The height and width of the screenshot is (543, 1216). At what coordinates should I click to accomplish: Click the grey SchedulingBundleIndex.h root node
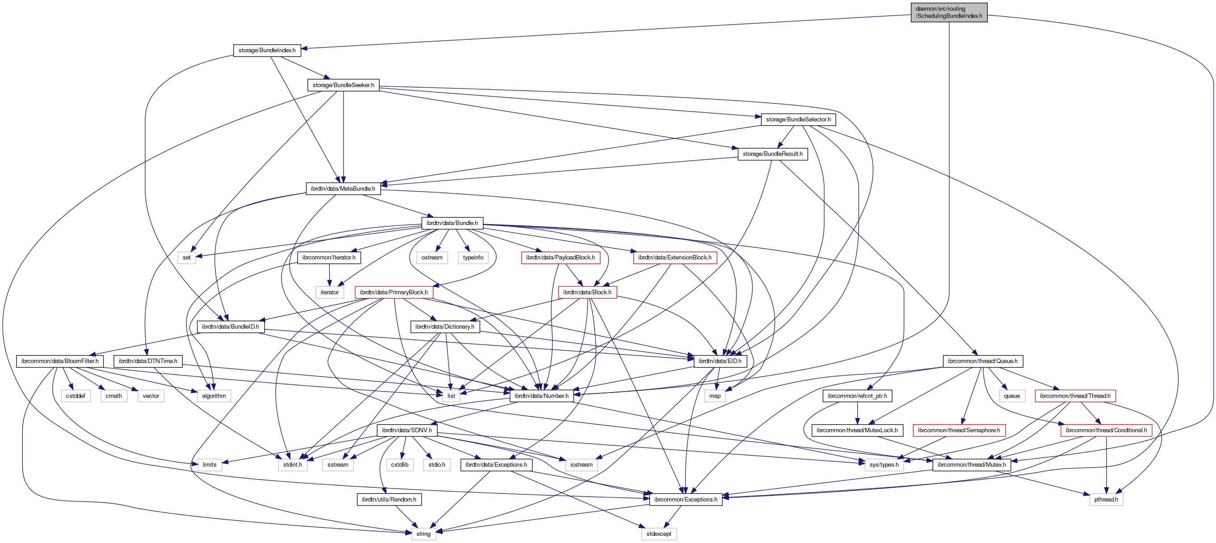[x=948, y=12]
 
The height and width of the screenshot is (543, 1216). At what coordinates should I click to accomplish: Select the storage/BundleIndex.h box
[x=267, y=50]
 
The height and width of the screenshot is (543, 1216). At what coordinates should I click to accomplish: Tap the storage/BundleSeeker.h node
[x=343, y=85]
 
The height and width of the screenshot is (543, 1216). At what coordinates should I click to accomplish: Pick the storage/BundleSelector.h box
[x=798, y=119]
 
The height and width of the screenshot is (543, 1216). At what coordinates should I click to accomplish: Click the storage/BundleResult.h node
[x=772, y=154]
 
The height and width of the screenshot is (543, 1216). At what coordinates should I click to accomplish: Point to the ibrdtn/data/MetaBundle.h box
[x=343, y=189]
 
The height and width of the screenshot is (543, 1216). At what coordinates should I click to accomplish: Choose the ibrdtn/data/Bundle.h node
[x=452, y=223]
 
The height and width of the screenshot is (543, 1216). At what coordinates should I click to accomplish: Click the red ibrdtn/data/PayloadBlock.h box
[x=560, y=258]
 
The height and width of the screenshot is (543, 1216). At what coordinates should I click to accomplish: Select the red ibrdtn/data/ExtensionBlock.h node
[x=675, y=258]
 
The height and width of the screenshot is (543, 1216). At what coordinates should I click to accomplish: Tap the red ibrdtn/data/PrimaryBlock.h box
[x=394, y=292]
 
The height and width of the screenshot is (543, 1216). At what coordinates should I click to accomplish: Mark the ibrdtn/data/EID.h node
[x=719, y=361]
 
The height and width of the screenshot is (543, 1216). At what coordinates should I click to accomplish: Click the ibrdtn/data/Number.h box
[x=541, y=396]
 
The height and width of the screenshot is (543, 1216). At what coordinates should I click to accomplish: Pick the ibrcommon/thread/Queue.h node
[x=982, y=361]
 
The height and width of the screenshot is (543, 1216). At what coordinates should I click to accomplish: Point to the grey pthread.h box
[x=1106, y=499]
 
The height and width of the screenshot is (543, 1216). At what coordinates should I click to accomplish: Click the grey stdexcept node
[x=658, y=534]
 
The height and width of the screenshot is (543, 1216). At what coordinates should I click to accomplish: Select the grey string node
[x=423, y=534]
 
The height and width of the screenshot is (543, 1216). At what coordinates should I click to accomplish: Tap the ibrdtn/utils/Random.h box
[x=389, y=499]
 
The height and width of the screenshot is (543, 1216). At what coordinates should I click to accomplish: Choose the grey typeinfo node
[x=473, y=258]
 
